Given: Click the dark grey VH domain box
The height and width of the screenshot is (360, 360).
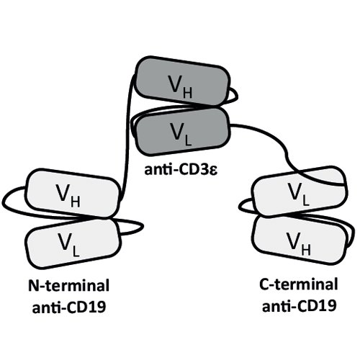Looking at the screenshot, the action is (x=182, y=81).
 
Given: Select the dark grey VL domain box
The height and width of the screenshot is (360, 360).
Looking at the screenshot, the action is (x=183, y=131).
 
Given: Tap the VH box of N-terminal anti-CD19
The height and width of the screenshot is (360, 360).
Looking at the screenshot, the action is (x=72, y=193).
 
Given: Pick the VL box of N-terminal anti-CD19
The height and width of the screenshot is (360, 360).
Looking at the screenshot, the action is (x=73, y=243).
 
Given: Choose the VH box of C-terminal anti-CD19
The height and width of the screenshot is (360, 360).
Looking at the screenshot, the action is (x=300, y=240).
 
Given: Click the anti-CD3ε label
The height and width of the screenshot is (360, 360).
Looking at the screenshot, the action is (x=181, y=170).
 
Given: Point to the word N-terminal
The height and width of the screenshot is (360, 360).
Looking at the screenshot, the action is (x=68, y=286).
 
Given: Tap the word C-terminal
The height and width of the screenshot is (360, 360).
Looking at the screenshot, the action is (x=299, y=284).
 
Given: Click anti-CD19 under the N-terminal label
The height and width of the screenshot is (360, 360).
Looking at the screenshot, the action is (x=69, y=307).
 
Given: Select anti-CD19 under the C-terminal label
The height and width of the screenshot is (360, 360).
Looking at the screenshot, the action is (x=299, y=306).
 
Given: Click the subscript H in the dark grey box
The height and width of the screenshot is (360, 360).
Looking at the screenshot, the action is (x=187, y=93).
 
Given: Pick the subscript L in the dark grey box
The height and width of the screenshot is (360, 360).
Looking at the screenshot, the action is (x=189, y=140).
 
